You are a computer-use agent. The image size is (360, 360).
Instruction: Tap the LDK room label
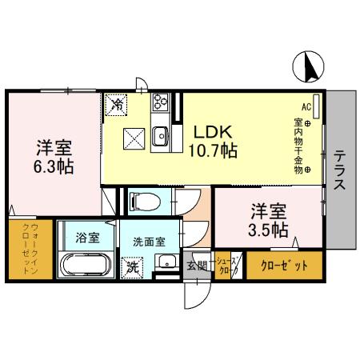[211, 130]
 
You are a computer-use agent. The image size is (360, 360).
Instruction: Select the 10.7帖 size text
[211, 149]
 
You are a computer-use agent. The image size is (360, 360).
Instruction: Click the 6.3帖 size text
[54, 167]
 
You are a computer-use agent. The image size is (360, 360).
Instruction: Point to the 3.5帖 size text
[269, 230]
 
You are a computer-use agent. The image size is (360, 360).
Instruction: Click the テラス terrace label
[339, 170]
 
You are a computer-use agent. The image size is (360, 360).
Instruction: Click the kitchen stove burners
[158, 104]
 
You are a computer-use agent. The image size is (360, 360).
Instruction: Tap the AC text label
[305, 106]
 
